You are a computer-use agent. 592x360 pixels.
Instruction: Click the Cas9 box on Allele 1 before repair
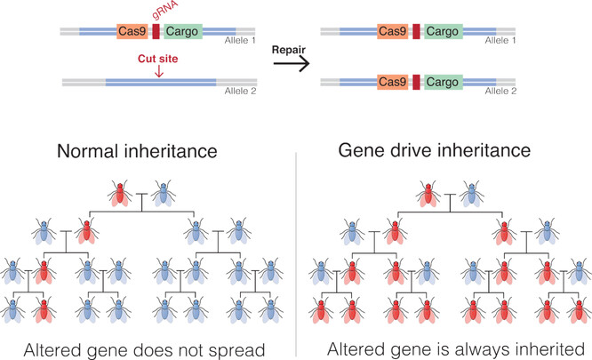point(132,31)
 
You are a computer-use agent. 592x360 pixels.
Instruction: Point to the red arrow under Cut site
point(134,72)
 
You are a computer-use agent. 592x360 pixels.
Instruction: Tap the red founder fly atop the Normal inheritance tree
point(121,193)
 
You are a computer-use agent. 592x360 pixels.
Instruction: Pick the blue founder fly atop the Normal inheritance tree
point(163,193)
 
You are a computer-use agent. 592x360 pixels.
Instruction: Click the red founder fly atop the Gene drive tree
point(430,193)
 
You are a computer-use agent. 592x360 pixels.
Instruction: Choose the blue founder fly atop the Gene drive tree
point(471,193)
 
